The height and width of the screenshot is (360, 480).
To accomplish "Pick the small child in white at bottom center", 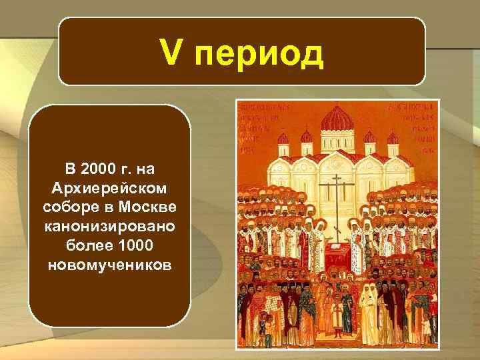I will pos(335,316).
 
